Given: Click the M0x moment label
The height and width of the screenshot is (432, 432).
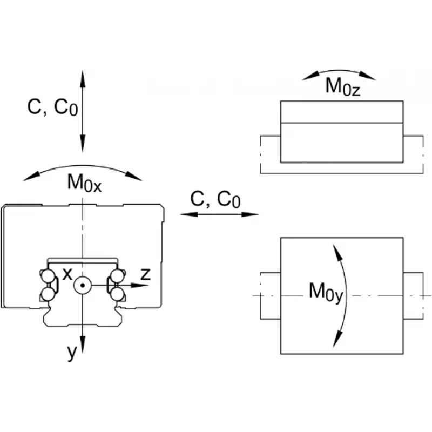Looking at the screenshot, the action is point(84,183).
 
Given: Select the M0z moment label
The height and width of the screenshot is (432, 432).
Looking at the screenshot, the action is point(343,86).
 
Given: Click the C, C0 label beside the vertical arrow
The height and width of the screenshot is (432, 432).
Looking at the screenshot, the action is point(52,107).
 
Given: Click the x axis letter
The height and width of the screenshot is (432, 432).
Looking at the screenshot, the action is point(67,274).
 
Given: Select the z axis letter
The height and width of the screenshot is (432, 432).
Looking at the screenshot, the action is point(145,274).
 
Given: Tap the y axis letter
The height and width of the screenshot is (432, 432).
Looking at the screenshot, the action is point(72,353).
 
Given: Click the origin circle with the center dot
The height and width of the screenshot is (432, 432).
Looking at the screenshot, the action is point(83,285).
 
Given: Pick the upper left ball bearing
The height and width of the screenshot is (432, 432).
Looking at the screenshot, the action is point(48,276).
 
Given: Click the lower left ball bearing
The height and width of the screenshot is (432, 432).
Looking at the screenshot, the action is point(48,294).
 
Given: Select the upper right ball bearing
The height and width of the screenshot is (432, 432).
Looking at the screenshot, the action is point(117,276).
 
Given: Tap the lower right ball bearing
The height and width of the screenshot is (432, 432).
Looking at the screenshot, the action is point(117,294).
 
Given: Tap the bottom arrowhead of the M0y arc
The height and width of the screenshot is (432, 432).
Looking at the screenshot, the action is point(337,339).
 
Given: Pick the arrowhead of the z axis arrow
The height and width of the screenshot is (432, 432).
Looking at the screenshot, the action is point(140,285).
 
